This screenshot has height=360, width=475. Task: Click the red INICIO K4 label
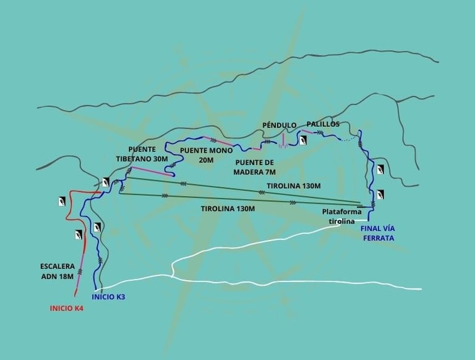click(66, 307)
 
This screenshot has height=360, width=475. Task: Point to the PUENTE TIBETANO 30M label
click(142, 154)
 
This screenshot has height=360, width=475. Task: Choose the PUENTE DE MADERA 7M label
click(255, 167)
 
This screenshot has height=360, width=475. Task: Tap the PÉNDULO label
click(280, 124)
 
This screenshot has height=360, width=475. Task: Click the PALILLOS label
click(323, 124)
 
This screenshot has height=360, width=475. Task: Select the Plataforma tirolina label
click(338, 216)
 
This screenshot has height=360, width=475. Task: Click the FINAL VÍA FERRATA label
click(377, 233)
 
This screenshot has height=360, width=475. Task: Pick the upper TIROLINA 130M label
click(294, 186)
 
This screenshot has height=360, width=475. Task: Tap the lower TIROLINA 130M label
click(228, 208)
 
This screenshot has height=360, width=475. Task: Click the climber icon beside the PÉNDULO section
click(302, 140)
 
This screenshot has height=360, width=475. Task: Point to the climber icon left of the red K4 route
click(62, 200)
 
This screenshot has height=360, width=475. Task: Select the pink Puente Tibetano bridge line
click(151, 171)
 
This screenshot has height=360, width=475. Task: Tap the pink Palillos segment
click(307, 131)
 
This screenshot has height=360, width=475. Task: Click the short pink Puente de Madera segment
click(257, 149)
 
